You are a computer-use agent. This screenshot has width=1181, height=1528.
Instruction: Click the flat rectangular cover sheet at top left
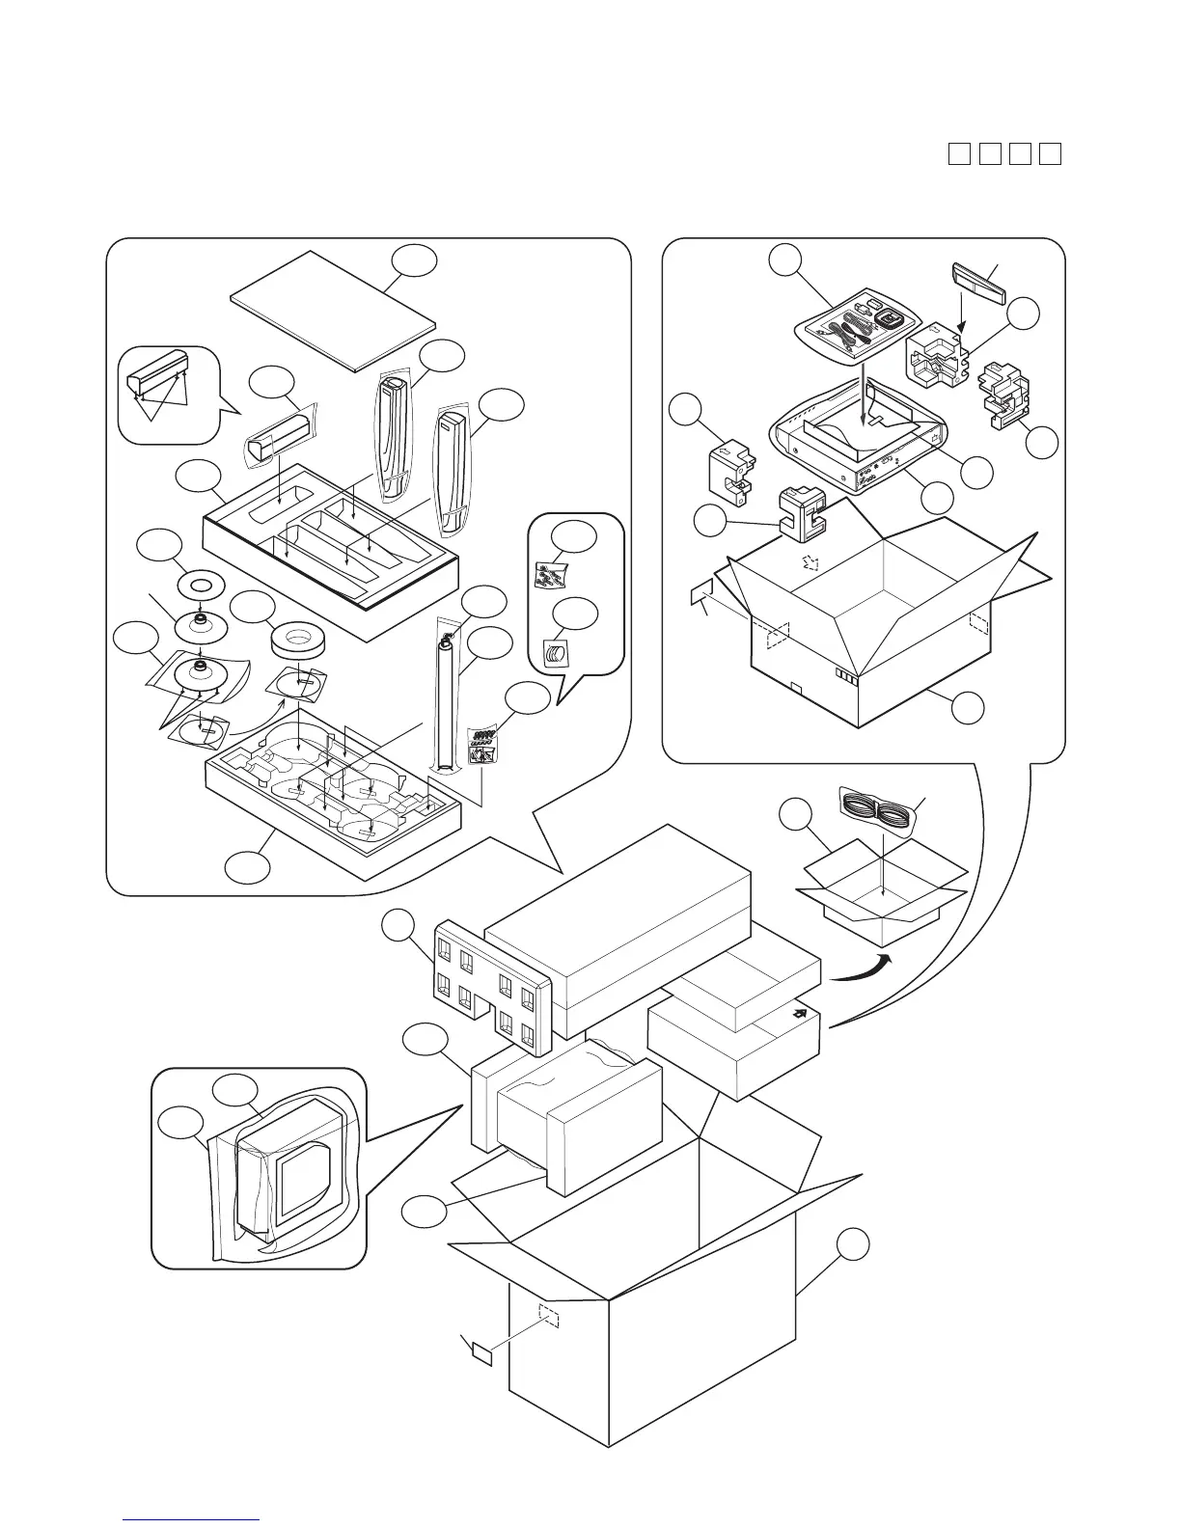tap(333, 309)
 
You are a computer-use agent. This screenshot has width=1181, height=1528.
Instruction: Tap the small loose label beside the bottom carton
tap(481, 1354)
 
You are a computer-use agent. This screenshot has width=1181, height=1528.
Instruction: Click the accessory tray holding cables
tap(855, 328)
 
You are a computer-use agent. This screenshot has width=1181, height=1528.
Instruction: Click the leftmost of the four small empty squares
tap(958, 153)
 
